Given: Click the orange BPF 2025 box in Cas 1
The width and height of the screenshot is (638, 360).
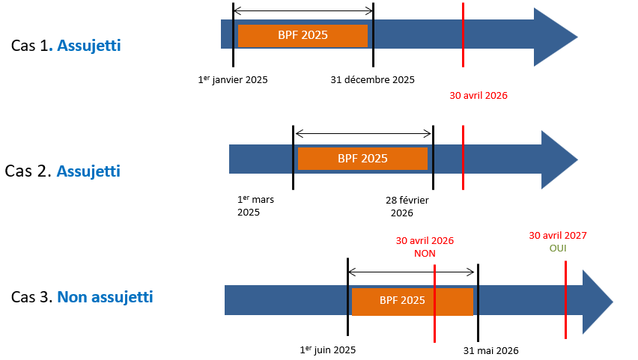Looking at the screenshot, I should click(x=303, y=35).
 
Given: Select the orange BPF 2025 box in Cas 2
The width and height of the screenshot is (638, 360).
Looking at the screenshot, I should click(x=362, y=158).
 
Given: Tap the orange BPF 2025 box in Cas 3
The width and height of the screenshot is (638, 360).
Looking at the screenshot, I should click(x=412, y=301).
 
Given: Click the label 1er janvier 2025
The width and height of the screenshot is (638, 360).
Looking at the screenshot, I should click(x=232, y=79).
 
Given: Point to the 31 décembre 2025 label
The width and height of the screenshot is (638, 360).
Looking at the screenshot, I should click(x=372, y=79).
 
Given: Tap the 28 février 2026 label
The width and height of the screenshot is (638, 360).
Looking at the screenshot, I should click(x=412, y=206).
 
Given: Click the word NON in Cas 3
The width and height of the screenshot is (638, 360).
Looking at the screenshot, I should click(x=425, y=254).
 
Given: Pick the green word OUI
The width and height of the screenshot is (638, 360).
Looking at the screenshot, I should click(x=558, y=248).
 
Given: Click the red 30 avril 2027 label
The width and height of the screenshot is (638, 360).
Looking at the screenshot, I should click(x=558, y=235).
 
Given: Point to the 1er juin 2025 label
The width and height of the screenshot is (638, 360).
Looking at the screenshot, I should click(x=327, y=350).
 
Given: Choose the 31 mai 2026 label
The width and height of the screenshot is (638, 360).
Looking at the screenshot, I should click(x=490, y=350).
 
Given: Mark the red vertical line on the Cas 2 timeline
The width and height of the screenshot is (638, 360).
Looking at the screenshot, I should click(x=464, y=157).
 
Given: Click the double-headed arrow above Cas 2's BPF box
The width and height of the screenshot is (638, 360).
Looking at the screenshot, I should click(x=363, y=134).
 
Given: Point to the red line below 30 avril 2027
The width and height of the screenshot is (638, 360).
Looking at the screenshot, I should click(x=565, y=299).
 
